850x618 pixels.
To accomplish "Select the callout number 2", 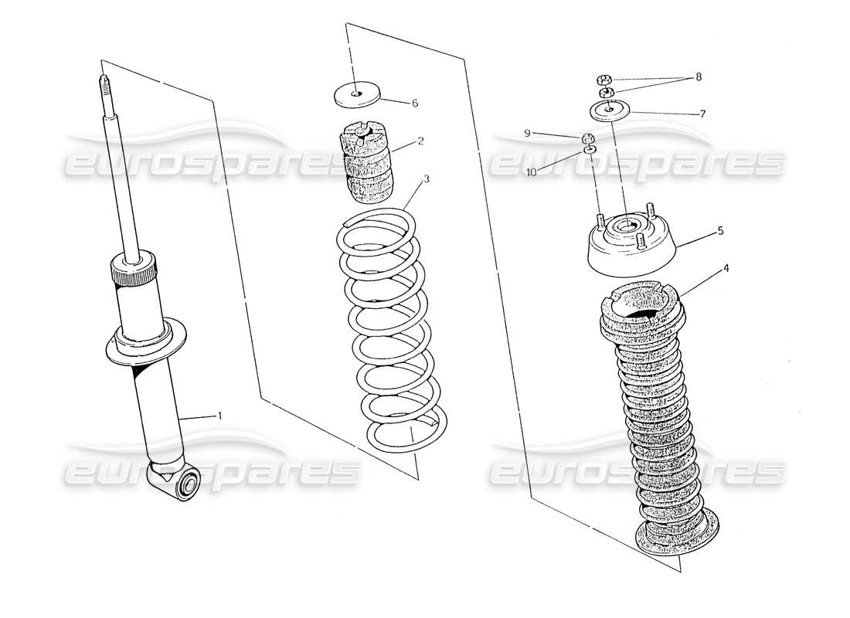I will click(420, 141).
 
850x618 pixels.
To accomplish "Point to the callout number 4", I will click(725, 269).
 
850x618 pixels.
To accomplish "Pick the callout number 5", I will click(720, 229).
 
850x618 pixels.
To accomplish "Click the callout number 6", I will click(414, 103).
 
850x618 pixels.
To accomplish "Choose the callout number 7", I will click(702, 113).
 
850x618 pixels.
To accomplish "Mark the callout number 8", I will click(699, 76).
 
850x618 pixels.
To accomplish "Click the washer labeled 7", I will click(609, 110).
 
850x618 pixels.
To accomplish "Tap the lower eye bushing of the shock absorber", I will click(185, 486).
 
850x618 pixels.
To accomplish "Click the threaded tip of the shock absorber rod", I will click(101, 83).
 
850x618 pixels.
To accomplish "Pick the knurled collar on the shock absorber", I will click(134, 272).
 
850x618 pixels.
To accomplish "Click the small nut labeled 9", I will click(588, 138).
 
